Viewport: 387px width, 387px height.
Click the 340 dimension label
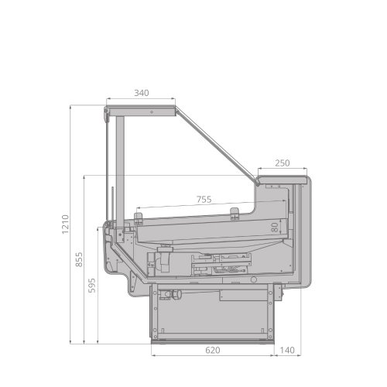point(142,93)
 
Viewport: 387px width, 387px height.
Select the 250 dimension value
point(283,163)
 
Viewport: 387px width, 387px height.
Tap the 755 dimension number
point(204,199)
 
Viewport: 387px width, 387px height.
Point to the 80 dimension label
point(275,228)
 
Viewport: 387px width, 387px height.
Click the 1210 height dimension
point(65,224)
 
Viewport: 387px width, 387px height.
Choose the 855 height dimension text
point(79,259)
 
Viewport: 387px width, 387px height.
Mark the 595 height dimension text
point(91,286)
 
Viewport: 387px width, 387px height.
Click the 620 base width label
point(213,350)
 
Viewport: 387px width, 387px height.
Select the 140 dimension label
point(287,350)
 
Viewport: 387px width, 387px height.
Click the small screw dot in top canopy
point(152,112)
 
